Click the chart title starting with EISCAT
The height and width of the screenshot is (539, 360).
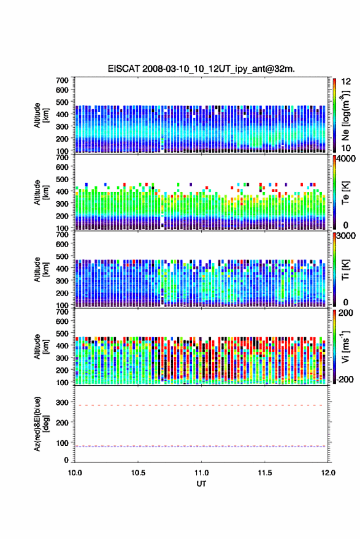201,69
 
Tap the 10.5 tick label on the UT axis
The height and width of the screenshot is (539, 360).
138,473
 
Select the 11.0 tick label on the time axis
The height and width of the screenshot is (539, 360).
202,473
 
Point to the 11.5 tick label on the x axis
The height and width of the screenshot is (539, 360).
265,473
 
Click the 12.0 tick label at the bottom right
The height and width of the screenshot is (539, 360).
328,473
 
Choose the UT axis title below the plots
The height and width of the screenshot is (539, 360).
202,484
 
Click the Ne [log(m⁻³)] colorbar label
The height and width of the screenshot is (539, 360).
345,116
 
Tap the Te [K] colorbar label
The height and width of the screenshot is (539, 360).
345,193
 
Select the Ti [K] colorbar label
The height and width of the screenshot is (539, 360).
345,270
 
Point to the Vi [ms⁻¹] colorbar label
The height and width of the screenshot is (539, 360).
345,346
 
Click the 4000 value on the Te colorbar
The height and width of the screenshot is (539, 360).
346,159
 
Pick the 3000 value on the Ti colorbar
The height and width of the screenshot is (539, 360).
346,236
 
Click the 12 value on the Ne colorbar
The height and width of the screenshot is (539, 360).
346,82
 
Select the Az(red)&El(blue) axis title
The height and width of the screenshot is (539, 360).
41,424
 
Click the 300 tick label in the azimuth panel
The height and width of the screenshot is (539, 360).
62,402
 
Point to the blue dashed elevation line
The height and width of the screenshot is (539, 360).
200,446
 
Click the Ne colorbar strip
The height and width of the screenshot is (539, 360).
334,115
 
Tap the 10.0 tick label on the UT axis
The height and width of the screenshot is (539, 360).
75,473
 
